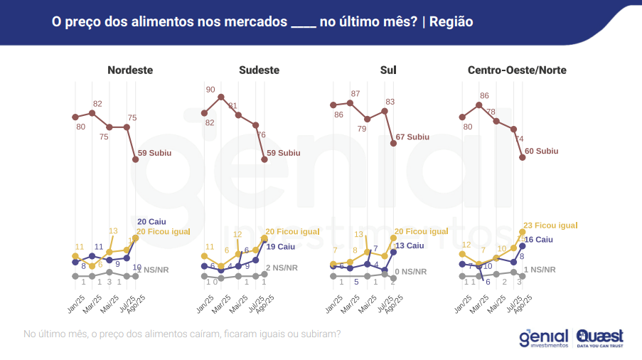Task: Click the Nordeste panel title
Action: point(130,70)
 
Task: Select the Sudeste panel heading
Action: point(259,70)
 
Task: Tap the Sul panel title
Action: point(388,70)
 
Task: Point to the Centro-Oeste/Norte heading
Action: point(517,70)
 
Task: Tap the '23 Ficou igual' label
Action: point(550,226)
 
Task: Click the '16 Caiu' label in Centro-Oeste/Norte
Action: point(539,240)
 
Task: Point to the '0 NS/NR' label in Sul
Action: point(411,271)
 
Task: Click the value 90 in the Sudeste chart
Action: point(210,90)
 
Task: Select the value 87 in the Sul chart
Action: point(355,94)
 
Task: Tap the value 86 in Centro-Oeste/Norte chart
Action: point(484,95)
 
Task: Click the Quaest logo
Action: point(601,337)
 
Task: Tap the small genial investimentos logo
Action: point(543,337)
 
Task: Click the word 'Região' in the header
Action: point(451,22)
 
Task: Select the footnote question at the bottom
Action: point(181,333)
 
